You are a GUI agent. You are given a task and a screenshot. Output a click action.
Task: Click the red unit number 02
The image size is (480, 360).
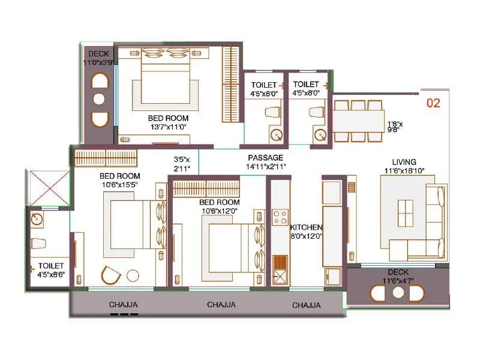coord(433,103)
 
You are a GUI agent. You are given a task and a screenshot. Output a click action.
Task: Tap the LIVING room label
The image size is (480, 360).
coord(404,161)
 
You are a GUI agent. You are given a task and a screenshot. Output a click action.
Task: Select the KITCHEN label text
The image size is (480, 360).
coord(306,228)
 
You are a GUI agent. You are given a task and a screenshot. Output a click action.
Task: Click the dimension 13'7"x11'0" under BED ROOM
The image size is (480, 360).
coord(168,127)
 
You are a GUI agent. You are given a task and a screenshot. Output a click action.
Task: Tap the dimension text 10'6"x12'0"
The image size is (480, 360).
coord(220,211)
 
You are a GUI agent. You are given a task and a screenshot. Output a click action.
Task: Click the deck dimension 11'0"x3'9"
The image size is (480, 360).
coord(99,62)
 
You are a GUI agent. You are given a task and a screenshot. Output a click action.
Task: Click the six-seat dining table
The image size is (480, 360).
coord(358,121)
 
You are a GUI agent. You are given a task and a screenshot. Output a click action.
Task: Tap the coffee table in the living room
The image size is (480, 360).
coord(405,215)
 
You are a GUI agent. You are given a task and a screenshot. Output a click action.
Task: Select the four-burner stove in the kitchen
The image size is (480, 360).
coord(279,217)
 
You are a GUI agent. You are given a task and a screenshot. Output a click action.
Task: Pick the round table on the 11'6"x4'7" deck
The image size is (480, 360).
coord(398,293)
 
